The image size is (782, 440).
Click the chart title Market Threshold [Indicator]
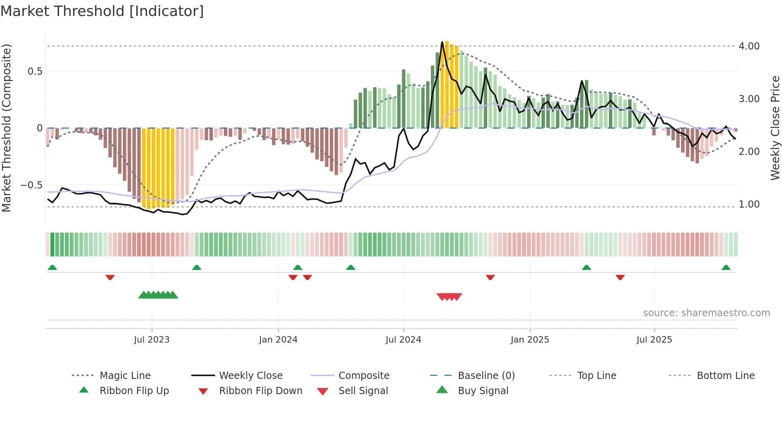102,11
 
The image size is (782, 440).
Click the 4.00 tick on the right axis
749,46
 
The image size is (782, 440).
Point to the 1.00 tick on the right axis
749,204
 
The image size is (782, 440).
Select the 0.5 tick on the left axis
35,71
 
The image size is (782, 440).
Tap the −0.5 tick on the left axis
31,185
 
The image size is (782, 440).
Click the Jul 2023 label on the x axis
152,340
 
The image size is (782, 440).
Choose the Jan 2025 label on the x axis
529,340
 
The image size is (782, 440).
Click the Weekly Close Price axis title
775,128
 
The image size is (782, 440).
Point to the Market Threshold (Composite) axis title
6,128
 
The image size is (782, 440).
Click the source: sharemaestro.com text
706,313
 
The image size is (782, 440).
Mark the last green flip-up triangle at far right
726,268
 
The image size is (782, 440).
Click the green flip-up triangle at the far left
52,268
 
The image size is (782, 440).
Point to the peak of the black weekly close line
442,42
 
